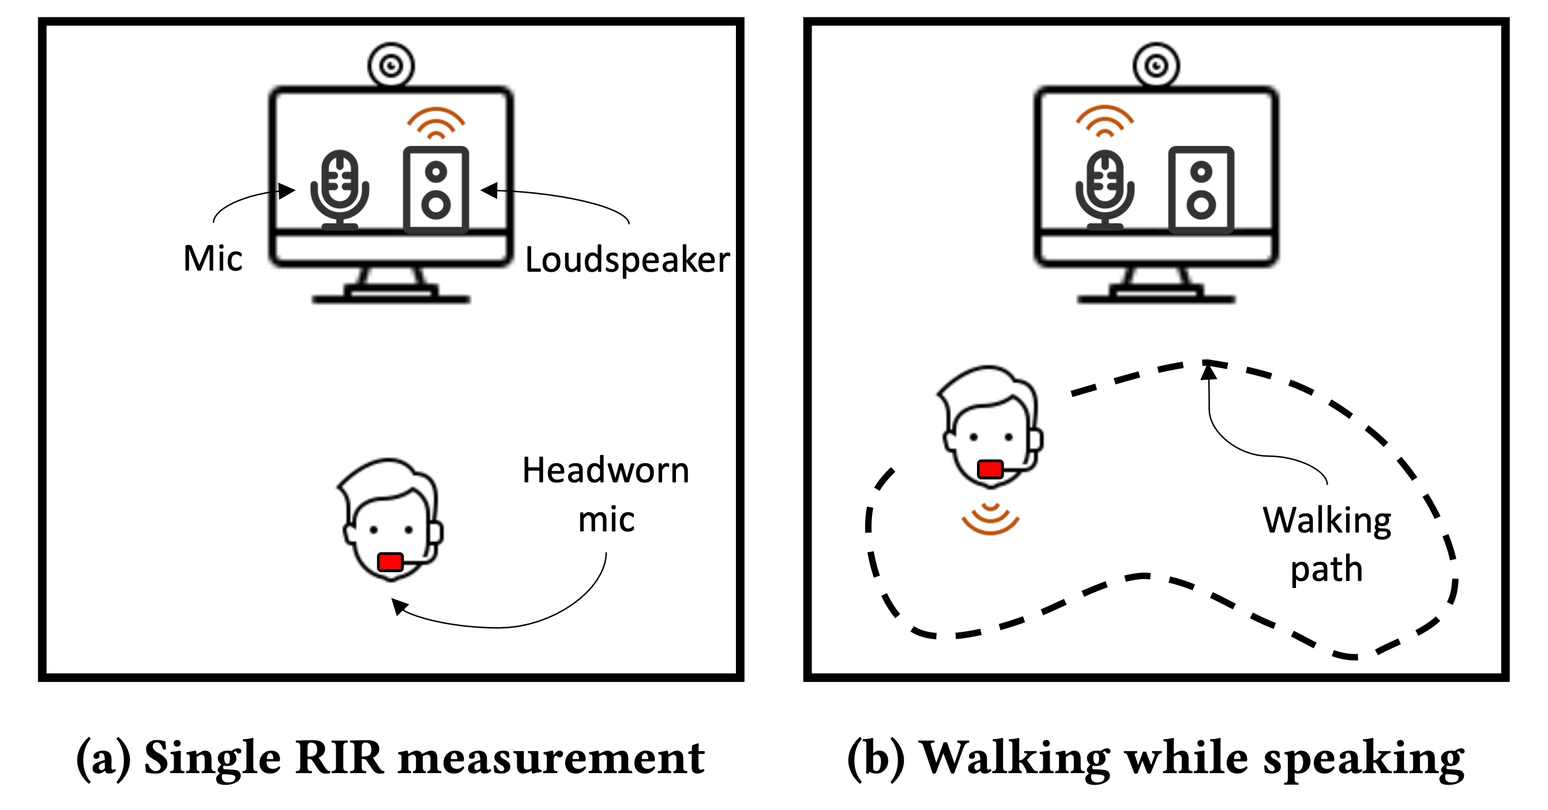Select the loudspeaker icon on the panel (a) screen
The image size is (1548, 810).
[x=435, y=189]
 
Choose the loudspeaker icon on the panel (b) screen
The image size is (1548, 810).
[x=1201, y=189]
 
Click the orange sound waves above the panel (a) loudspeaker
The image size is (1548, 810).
[x=435, y=123]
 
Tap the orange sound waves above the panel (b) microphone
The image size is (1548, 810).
[x=1104, y=122]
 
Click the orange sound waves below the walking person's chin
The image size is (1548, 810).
[x=990, y=519]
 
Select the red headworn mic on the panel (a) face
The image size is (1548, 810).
[x=390, y=562]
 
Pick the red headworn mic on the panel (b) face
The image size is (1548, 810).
[x=990, y=468]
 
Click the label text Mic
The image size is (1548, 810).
[x=213, y=259]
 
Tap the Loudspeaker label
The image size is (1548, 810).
[x=628, y=260]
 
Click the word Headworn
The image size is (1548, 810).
[x=605, y=471]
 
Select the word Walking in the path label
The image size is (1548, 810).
[x=1327, y=520]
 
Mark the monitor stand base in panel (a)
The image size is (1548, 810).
[x=390, y=298]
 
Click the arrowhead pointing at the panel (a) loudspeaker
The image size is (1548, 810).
[x=489, y=190]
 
